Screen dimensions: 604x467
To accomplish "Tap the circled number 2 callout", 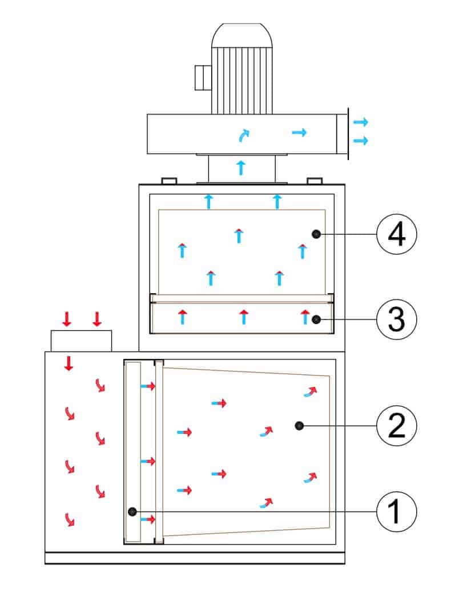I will pos(397,425).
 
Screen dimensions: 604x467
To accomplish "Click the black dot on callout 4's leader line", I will pos(316,234).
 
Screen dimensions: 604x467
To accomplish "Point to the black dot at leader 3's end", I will pos(316,319).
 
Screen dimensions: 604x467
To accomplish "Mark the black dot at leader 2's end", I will pos(299,425).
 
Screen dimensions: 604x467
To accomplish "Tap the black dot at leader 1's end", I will pos(132,511).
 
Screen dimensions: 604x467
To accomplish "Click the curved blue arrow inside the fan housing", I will pos(244,135).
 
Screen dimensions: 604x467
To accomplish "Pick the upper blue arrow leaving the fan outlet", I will pos(361,122).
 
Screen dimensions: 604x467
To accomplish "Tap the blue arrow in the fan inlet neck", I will pos(241,167).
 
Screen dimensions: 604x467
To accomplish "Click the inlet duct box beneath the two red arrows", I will pos(81,341).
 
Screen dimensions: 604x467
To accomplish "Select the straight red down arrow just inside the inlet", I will pos(69,363).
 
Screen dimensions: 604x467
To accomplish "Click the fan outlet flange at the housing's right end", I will pos(342,134).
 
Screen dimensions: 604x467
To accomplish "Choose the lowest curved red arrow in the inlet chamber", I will pos(70,519).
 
